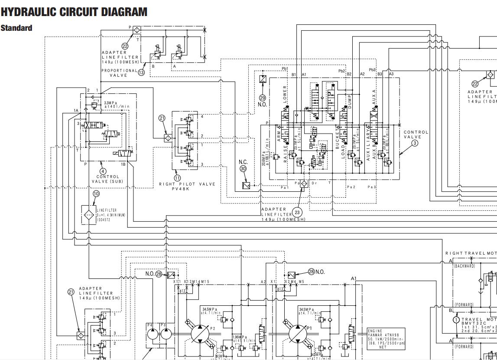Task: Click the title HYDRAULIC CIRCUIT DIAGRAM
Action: (x=74, y=12)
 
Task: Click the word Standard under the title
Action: (x=16, y=28)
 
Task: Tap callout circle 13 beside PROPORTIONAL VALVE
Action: (x=141, y=72)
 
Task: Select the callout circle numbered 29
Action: (x=262, y=98)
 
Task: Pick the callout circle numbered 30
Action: (x=243, y=169)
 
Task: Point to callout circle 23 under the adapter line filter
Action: (x=297, y=212)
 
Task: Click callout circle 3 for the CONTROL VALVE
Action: (x=415, y=143)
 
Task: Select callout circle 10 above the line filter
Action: (x=96, y=193)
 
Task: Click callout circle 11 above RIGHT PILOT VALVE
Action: (x=177, y=178)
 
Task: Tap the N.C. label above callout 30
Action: (x=243, y=162)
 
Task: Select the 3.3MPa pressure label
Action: (x=110, y=103)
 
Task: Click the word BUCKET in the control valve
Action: (x=338, y=138)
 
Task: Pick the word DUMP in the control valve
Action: (x=349, y=101)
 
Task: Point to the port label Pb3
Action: (x=372, y=70)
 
